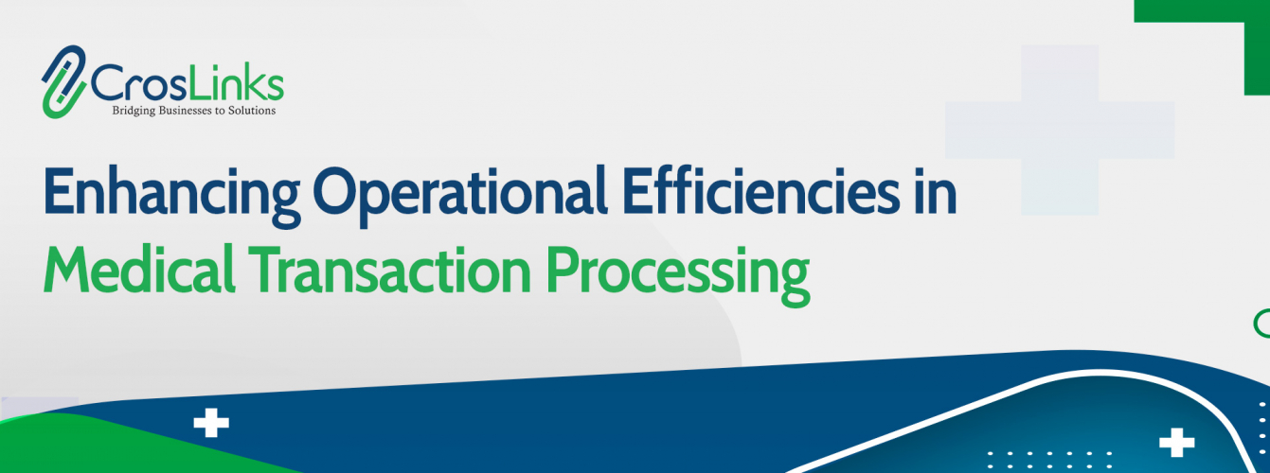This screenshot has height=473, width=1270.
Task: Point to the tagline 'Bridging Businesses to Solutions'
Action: click(x=194, y=111)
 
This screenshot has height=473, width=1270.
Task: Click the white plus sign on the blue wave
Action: click(x=211, y=423)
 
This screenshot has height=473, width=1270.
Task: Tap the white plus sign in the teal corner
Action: click(x=1177, y=443)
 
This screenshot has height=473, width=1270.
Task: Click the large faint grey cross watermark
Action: click(x=1060, y=130)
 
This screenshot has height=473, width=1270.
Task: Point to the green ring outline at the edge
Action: click(x=1261, y=323)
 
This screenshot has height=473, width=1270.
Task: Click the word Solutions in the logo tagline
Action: click(x=250, y=111)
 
